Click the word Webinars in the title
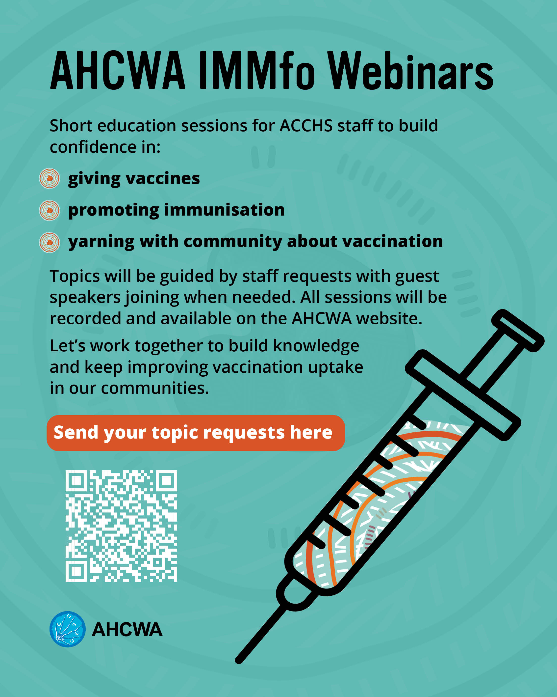coord(410,70)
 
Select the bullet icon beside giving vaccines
coord(50,178)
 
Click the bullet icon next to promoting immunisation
coord(50,210)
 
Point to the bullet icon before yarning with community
coord(50,242)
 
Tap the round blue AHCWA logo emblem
coord(68,629)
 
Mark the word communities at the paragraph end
coord(155,388)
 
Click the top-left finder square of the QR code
coord(76,481)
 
